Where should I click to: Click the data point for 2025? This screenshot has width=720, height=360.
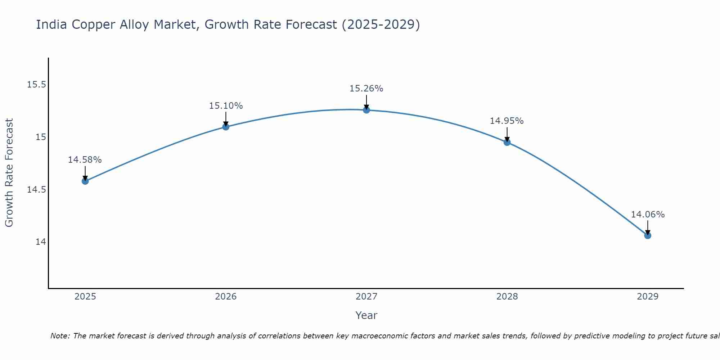tap(85, 181)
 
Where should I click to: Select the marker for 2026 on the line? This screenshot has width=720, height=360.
tap(226, 127)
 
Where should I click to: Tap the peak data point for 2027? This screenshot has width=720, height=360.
tap(366, 110)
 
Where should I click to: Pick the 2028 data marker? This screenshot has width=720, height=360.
tap(507, 142)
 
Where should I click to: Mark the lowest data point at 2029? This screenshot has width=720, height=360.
tap(648, 235)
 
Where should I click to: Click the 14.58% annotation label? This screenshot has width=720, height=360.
tap(85, 160)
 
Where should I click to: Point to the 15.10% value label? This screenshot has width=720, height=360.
tap(226, 106)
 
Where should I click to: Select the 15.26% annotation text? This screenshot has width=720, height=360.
tap(366, 89)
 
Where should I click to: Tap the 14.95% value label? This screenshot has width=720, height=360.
tap(507, 121)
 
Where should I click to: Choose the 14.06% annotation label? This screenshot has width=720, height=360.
tap(648, 215)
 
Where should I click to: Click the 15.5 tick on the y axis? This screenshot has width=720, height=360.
tap(37, 85)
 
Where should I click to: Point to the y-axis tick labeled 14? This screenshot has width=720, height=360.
tap(41, 242)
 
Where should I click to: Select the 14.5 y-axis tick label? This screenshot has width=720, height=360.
tap(37, 189)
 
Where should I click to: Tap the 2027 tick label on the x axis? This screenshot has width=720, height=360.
tap(366, 297)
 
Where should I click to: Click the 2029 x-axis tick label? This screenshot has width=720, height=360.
tap(648, 297)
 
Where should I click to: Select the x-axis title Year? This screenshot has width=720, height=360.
tap(366, 315)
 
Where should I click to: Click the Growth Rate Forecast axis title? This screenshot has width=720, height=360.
tap(9, 173)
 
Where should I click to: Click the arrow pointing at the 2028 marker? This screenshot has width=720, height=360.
tap(507, 134)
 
